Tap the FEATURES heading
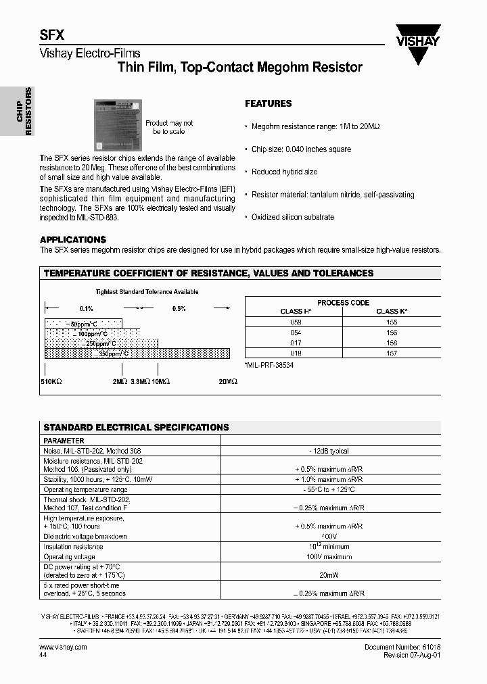click(268, 103)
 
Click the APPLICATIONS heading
click(73, 239)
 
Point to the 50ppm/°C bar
click(83, 324)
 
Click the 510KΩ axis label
click(51, 382)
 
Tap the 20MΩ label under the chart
click(228, 382)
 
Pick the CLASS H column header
click(296, 312)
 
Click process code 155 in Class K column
click(392, 323)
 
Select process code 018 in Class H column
click(296, 353)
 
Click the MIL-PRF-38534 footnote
click(269, 365)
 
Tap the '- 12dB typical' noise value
click(329, 451)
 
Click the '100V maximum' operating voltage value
click(329, 557)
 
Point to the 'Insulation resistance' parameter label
click(72, 547)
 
